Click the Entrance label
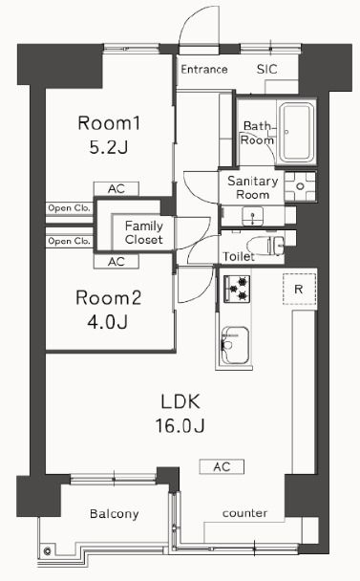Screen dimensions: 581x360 [203, 70]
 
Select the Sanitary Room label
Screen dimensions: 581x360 [252, 186]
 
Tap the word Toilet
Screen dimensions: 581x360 [239, 257]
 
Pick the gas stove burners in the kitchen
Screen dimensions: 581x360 [237, 286]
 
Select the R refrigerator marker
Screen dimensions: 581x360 [298, 289]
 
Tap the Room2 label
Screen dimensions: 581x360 [109, 298]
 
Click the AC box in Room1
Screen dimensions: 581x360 [116, 189]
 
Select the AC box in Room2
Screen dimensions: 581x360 [116, 261]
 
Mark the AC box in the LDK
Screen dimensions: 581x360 [222, 466]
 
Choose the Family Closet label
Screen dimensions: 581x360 [142, 233]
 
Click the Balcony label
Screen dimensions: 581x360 [114, 514]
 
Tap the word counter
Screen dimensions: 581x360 [244, 514]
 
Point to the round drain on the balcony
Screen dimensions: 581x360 [46, 550]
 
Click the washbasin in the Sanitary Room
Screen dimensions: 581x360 [252, 217]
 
